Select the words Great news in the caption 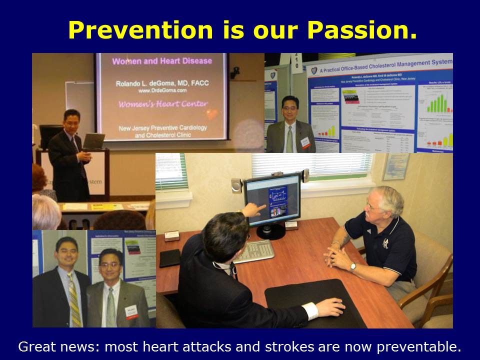[50, 346]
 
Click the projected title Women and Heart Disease [161, 61]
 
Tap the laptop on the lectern [93, 141]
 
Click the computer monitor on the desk [272, 200]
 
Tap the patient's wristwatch [353, 266]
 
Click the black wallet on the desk [169, 258]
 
